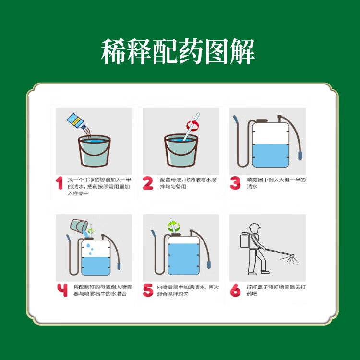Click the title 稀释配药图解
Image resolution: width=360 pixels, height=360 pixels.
pos(178,51)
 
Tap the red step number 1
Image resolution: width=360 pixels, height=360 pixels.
pos(59,183)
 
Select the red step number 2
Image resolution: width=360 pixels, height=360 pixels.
pos(148,183)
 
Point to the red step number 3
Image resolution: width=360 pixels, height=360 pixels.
pos(235,183)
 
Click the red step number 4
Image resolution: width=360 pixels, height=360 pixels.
pos(62,290)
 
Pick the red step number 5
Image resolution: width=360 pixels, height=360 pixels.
pos(148,290)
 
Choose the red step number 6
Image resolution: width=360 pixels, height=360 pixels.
pos(235,290)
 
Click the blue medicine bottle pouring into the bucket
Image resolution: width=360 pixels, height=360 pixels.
pos(76,121)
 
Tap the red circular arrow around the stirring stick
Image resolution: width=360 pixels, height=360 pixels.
pos(192,126)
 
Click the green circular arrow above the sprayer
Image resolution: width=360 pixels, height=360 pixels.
pos(174,227)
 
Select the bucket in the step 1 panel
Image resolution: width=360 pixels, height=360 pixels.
pos(94,151)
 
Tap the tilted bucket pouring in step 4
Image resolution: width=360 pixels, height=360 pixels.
pos(79,226)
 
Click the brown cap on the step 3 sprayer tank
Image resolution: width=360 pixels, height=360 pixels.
pos(262,121)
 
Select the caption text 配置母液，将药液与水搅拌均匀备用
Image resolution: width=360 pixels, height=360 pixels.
pos(188,183)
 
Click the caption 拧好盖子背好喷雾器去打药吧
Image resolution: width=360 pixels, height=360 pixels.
pos(276,290)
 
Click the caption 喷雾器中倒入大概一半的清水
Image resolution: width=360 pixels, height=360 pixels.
pos(276,183)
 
